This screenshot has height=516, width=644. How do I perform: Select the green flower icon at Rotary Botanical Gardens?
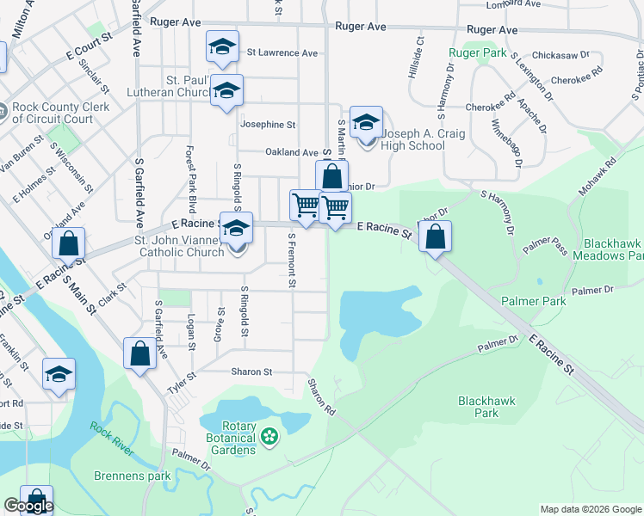click(269, 436)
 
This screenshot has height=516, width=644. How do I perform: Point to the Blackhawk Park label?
click(478, 407)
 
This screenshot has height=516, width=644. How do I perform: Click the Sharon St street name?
click(251, 372)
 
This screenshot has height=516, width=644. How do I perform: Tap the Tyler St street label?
click(182, 381)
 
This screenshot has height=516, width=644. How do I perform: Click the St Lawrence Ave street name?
click(282, 52)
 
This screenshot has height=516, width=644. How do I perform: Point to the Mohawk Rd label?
click(598, 175)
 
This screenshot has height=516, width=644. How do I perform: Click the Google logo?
click(28, 506)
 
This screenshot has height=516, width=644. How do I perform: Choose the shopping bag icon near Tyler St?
click(139, 353)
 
